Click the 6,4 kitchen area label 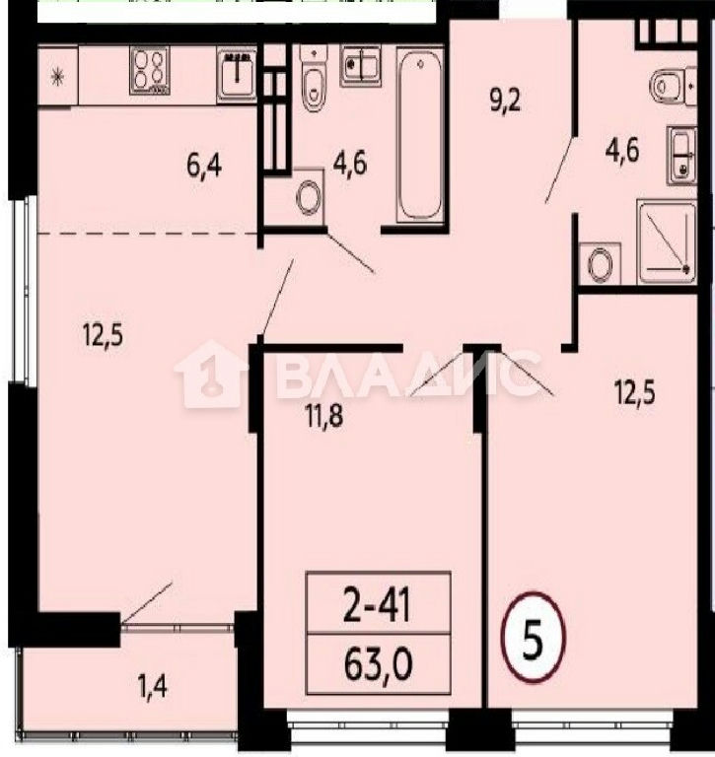204,166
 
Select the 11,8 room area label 324,415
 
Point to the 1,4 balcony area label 153,686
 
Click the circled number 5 533,637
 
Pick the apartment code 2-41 377,605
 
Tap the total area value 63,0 379,663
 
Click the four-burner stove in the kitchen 149,70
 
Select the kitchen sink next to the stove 237,75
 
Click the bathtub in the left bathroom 420,135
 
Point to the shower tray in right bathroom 667,241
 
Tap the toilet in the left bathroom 314,78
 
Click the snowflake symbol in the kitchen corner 58,76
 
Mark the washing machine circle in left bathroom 308,197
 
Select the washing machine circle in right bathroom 600,264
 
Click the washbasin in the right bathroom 681,155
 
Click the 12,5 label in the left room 103,334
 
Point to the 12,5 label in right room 635,391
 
